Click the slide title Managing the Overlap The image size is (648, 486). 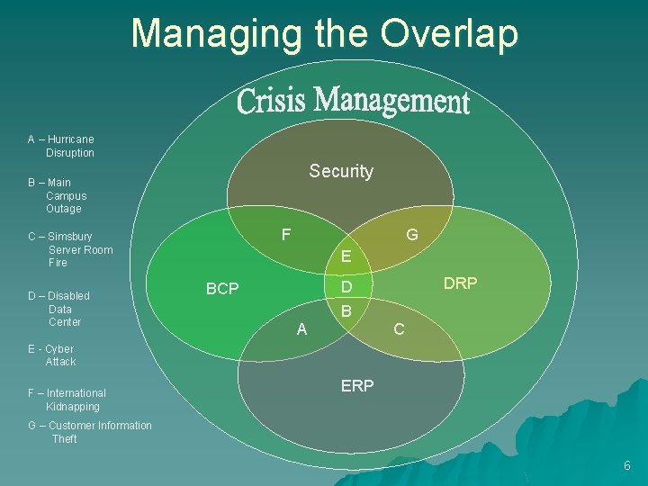click(x=325, y=33)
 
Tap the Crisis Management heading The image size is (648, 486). click(x=353, y=101)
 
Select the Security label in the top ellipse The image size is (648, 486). click(x=340, y=171)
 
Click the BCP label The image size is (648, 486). click(x=222, y=289)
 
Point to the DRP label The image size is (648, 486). click(x=461, y=283)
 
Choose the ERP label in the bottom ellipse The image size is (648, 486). click(x=357, y=385)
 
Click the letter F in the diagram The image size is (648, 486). click(x=285, y=235)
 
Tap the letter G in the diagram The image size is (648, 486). click(x=411, y=235)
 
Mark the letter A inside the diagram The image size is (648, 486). click(x=301, y=329)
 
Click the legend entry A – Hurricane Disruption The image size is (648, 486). click(x=61, y=146)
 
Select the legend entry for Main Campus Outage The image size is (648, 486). click(x=58, y=195)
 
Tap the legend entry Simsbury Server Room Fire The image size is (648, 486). click(x=70, y=249)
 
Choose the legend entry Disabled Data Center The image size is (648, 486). click(x=59, y=309)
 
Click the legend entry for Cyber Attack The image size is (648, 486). click(x=52, y=355)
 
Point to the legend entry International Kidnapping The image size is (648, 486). click(x=67, y=400)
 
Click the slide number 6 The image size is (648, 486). click(x=626, y=465)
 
